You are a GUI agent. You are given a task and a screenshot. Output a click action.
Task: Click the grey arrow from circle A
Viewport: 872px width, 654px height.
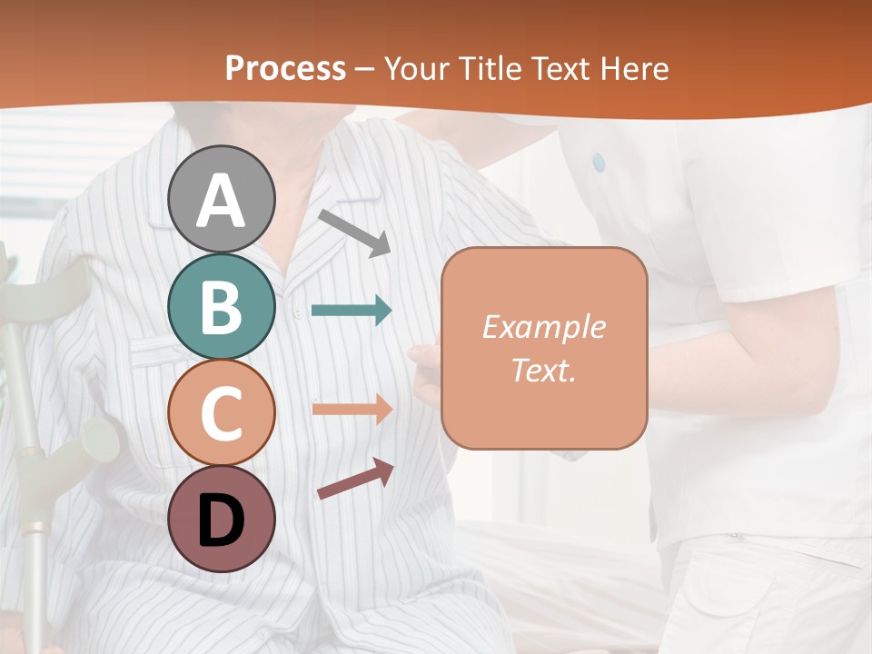[354, 233]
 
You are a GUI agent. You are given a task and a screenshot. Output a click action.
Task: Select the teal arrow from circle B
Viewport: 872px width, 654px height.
[352, 310]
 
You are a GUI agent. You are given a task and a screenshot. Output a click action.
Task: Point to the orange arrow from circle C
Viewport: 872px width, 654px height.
[352, 409]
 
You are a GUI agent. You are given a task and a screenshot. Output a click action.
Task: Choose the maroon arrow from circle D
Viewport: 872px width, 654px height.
[355, 479]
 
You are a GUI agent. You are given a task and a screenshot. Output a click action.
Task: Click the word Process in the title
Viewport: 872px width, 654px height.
[285, 69]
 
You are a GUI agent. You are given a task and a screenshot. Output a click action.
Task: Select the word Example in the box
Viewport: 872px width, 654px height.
[543, 327]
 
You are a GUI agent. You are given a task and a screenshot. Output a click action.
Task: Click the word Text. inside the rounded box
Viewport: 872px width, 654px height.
[543, 371]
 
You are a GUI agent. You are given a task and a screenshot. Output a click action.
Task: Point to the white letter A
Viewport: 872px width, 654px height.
[221, 200]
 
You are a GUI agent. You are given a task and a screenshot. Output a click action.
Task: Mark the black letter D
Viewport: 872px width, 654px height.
[221, 520]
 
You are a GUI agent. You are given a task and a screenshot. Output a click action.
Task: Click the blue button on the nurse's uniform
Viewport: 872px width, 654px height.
[598, 162]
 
